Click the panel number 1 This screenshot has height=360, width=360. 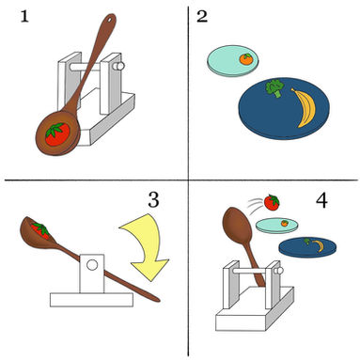(24, 17)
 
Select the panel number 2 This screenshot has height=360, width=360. (202, 17)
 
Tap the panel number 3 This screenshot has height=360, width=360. (153, 199)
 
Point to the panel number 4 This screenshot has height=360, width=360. (321, 201)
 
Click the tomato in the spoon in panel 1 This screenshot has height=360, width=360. (57, 133)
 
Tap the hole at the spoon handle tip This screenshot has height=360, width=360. (110, 20)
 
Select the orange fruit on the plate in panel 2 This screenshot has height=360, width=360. (246, 59)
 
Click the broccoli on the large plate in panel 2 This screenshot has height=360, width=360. (274, 88)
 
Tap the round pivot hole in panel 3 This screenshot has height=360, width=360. (92, 265)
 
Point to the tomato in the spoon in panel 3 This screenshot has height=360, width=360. (40, 230)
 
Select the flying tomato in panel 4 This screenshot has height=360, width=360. (272, 202)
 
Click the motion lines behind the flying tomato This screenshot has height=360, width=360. (256, 206)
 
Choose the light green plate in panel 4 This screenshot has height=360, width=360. (276, 226)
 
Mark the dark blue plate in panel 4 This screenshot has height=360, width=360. (307, 247)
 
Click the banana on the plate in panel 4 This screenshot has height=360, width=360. (319, 245)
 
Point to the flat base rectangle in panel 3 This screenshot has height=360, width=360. (91, 300)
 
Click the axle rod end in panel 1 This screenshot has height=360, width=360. (119, 66)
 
